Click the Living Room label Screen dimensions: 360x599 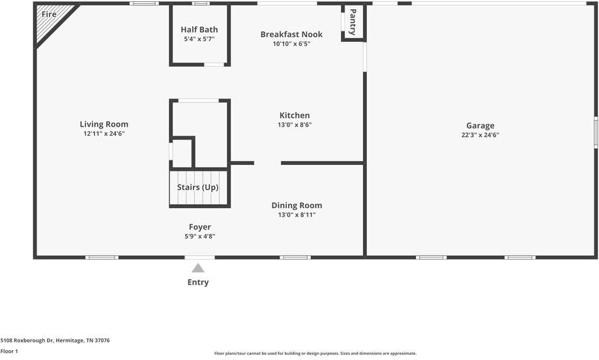104,125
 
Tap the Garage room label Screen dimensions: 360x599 480,126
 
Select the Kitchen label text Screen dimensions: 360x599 295,115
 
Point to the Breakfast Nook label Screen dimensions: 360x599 291,35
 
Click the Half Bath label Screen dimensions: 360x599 199,29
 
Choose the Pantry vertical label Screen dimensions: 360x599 353,22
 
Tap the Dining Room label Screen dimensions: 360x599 297,205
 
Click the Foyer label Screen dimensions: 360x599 199,227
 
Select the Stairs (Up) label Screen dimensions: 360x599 197,188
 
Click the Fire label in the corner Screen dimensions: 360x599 49,14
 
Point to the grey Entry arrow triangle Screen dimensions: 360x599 198,268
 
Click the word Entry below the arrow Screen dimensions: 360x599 198,282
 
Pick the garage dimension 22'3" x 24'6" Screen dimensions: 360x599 480,136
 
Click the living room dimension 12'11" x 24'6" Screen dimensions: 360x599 104,134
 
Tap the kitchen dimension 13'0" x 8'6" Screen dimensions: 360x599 295,125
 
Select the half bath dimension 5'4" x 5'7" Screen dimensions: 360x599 199,39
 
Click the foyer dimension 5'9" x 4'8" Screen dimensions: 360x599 199,236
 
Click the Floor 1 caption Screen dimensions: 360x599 9,352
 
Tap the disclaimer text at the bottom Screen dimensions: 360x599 315,353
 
